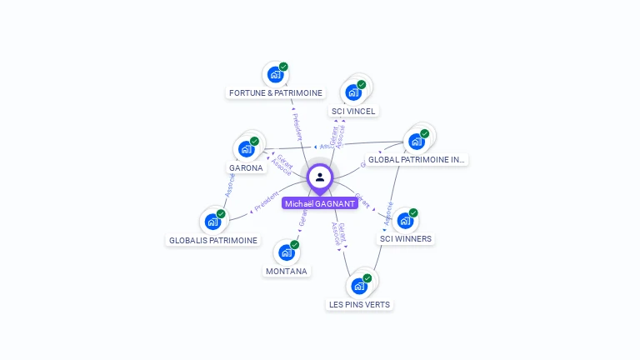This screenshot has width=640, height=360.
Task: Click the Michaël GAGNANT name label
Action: click(320, 203)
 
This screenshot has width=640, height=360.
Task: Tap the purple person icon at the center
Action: click(320, 177)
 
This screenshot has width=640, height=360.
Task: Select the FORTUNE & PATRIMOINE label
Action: click(276, 92)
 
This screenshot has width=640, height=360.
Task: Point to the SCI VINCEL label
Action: click(353, 111)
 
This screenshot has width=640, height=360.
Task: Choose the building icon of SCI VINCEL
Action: click(352, 92)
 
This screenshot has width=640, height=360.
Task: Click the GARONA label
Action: click(246, 167)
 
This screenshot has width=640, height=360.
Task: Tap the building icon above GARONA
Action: click(246, 149)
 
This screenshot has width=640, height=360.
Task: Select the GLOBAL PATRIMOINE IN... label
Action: click(416, 159)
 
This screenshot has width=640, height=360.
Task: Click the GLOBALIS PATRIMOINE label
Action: click(213, 240)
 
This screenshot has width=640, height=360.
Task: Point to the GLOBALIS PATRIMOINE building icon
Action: click(212, 222)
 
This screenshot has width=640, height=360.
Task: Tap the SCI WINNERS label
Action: click(406, 239)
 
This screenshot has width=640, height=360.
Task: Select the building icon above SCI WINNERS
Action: click(404, 221)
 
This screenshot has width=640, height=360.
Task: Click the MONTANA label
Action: click(287, 271)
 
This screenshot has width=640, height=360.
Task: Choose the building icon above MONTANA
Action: click(287, 252)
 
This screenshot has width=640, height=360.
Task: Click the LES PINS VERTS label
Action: click(359, 304)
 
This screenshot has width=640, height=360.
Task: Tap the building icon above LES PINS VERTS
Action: click(359, 286)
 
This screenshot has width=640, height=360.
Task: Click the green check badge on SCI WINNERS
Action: click(413, 212)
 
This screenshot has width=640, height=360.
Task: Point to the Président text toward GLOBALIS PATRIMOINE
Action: click(267, 202)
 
